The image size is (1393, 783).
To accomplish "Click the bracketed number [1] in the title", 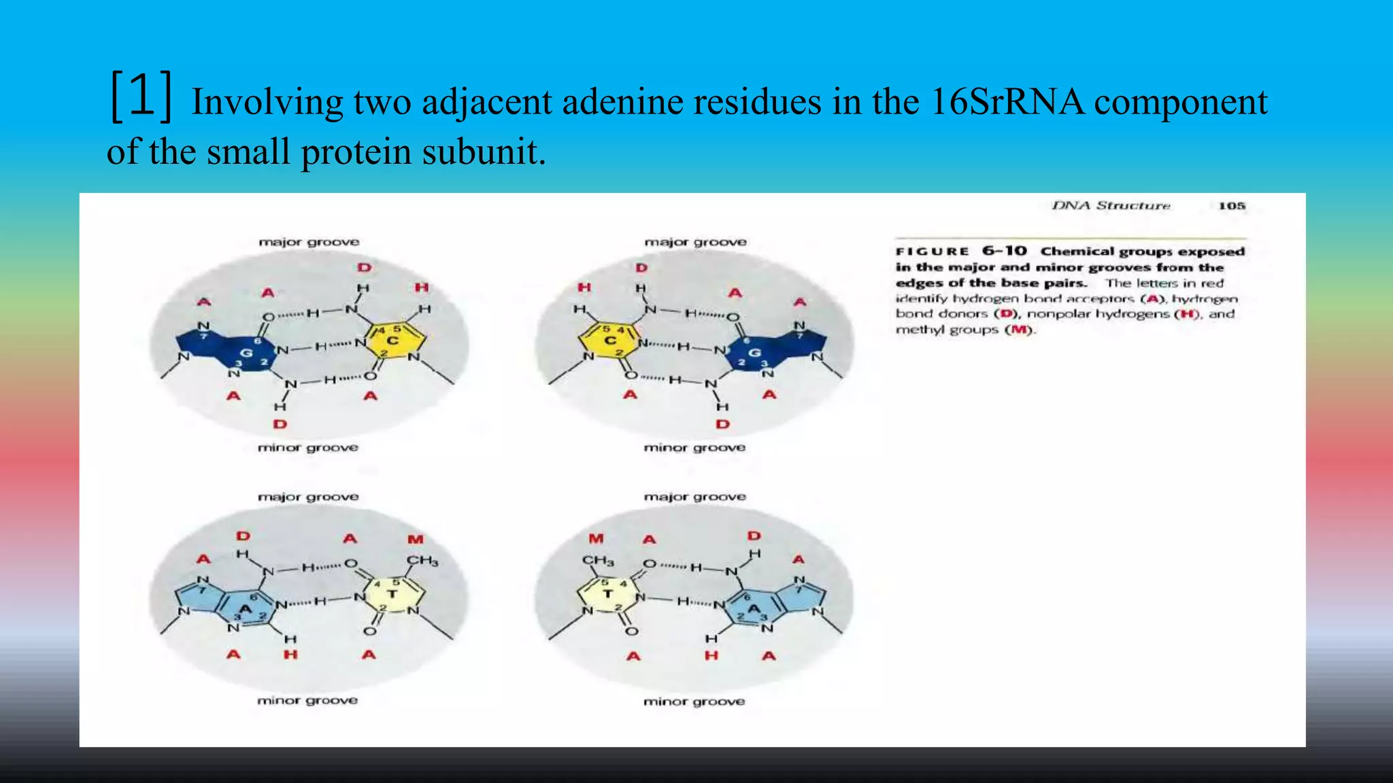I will tap(141, 97).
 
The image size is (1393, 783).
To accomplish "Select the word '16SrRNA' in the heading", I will tap(1007, 102).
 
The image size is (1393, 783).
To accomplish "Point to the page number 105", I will tap(1231, 206).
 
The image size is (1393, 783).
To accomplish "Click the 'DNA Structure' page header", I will tap(1111, 206).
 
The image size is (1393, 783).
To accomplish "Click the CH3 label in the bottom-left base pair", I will tap(422, 561).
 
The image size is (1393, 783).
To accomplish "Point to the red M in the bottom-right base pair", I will tap(596, 539).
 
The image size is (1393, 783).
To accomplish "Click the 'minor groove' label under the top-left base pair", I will tap(307, 447).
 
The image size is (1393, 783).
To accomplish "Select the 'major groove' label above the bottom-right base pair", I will tap(694, 497).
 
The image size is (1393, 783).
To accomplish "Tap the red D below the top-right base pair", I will tap(722, 424).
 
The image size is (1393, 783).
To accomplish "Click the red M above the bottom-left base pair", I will tap(416, 539).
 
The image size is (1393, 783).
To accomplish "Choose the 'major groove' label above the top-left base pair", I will tap(309, 242).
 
